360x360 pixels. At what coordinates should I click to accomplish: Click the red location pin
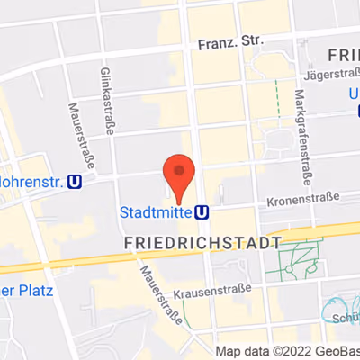(x=178, y=175)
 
